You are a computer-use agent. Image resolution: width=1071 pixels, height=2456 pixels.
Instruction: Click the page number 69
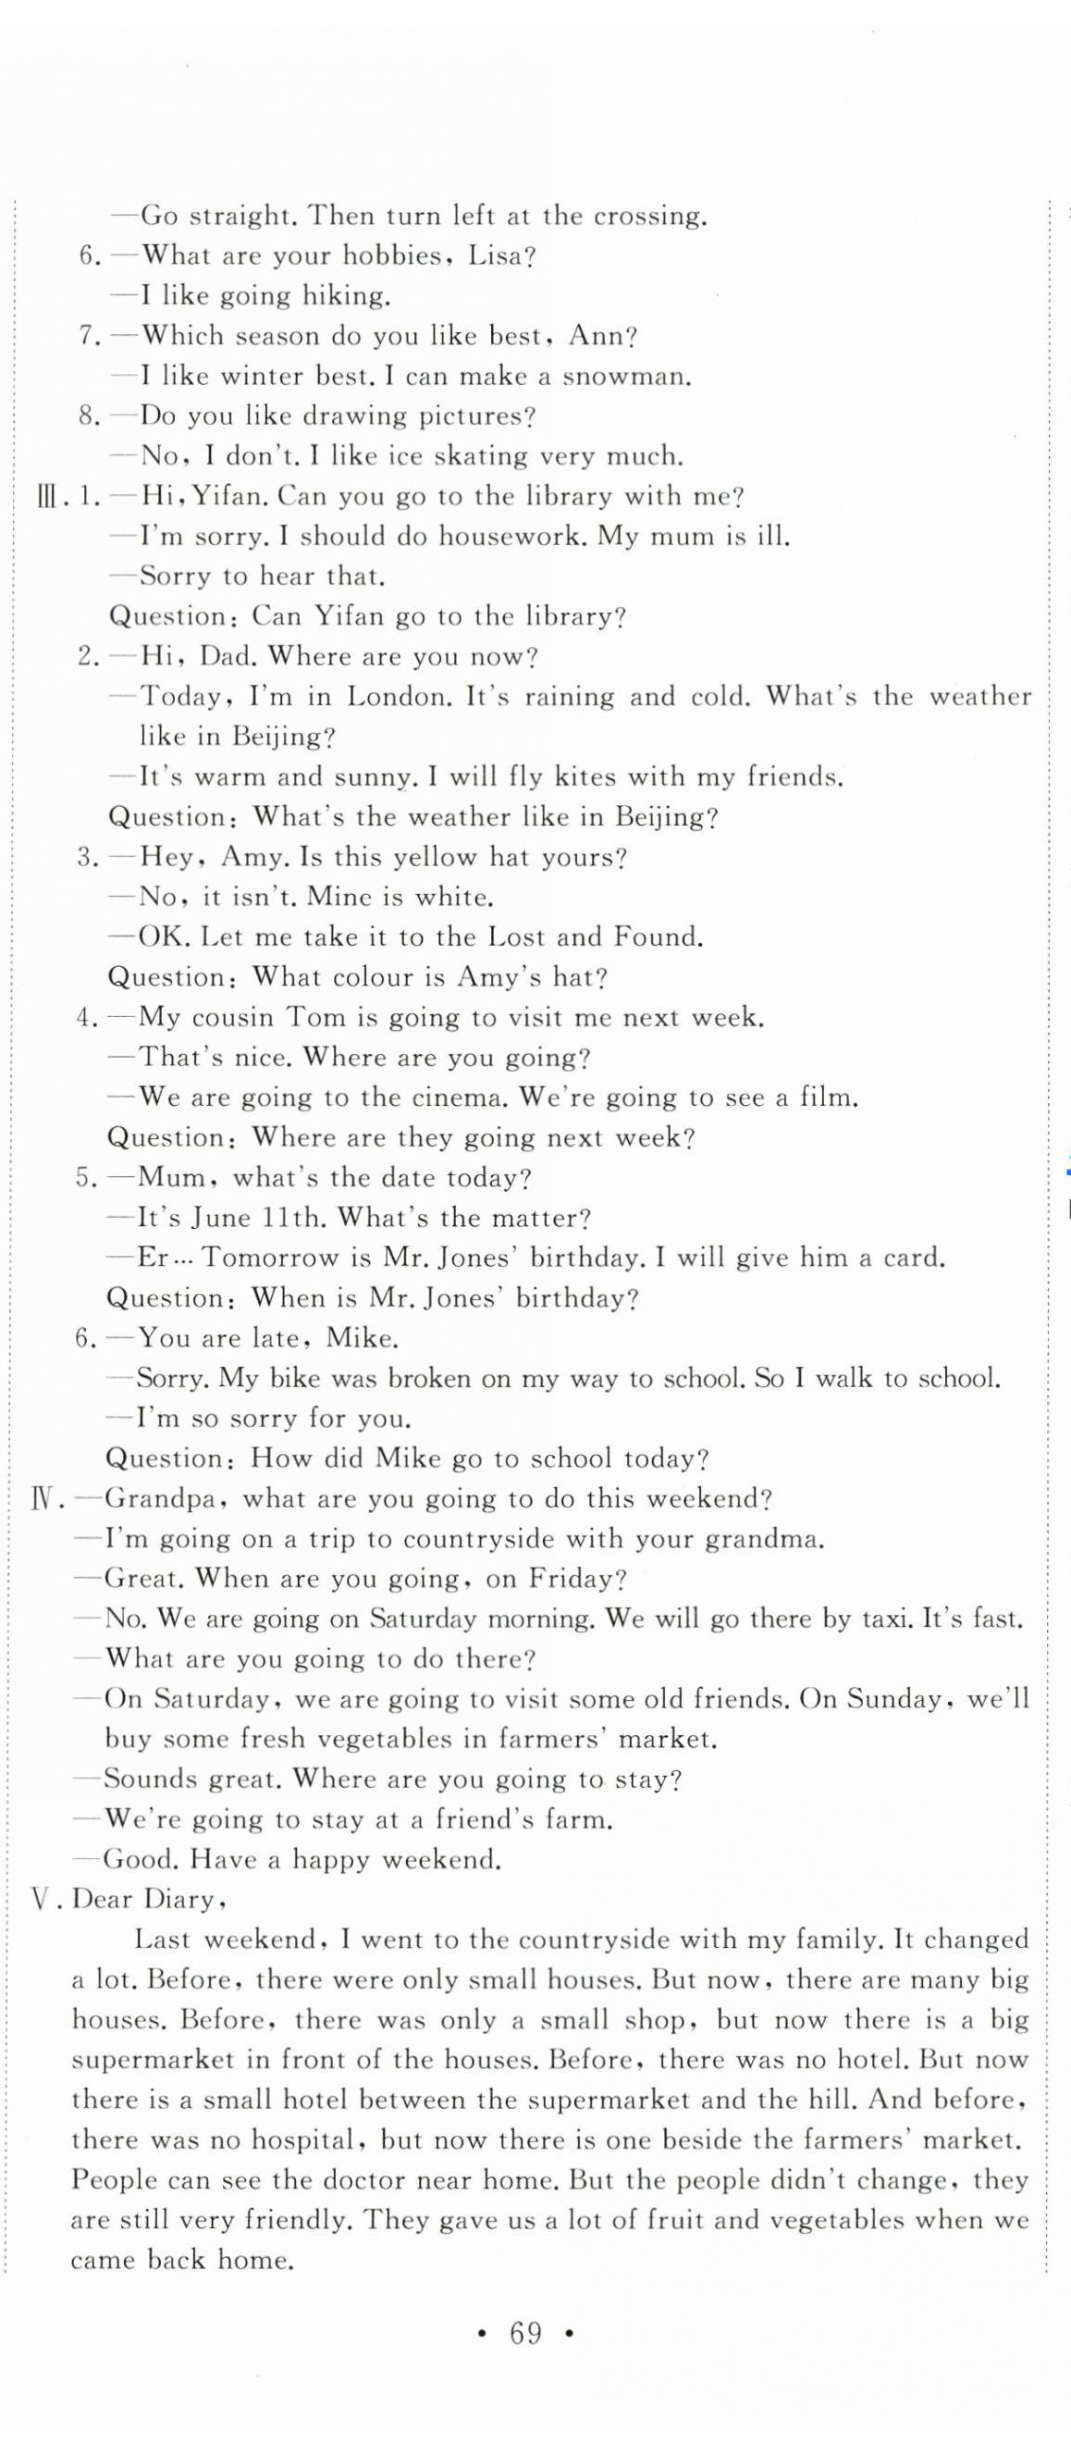pos(526,2333)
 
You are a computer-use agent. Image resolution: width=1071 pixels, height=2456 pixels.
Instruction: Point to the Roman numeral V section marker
pos(43,1899)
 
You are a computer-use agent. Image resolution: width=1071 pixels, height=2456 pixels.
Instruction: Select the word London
pos(399,697)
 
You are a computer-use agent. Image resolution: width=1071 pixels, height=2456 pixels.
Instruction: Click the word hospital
pos(309,2140)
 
